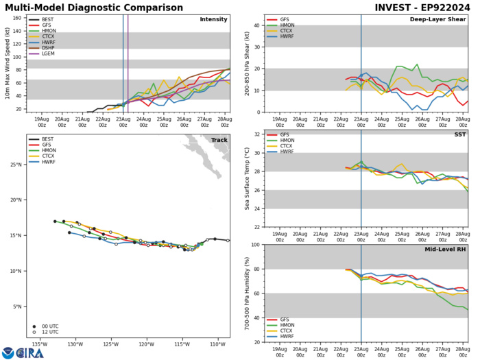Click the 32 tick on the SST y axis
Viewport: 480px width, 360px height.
pos(256,134)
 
